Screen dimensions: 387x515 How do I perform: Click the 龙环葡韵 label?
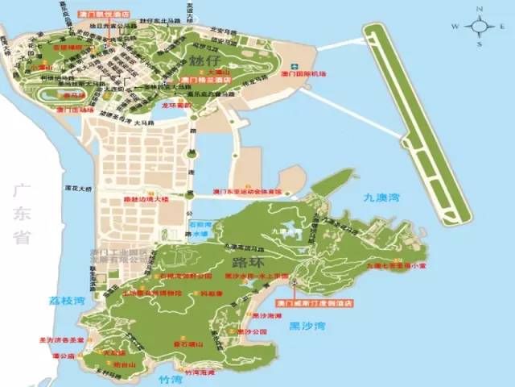179,105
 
